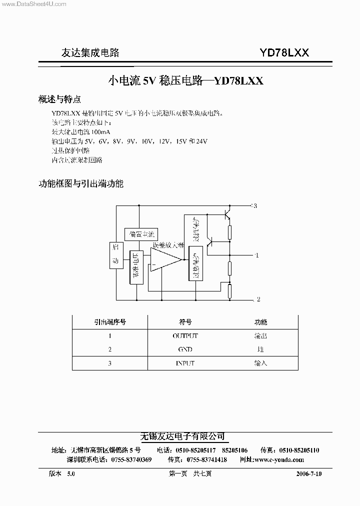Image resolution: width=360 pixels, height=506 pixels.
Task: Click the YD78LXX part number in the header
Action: [284, 52]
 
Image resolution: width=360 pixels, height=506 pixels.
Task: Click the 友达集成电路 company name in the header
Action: [90, 53]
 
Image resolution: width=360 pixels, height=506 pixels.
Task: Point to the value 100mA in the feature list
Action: [100, 132]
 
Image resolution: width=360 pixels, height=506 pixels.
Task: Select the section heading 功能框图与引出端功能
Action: [80, 183]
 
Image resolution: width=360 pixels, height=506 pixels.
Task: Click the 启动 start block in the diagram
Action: [116, 255]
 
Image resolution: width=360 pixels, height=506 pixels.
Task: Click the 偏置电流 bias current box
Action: [140, 234]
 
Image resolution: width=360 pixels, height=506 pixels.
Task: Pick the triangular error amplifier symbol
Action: [165, 259]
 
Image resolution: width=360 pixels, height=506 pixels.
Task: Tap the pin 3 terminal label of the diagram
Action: [254, 206]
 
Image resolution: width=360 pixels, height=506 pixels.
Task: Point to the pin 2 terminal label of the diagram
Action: [257, 299]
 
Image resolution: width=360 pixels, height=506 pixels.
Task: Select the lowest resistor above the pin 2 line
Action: [229, 290]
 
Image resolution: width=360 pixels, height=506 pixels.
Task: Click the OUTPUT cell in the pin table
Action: [185, 336]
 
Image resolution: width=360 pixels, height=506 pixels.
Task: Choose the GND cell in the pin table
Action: [185, 349]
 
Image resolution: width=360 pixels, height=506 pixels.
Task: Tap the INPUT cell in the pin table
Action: [185, 363]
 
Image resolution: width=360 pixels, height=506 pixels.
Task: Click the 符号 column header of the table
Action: [185, 322]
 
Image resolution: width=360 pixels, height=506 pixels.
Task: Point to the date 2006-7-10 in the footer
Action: [305, 473]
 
